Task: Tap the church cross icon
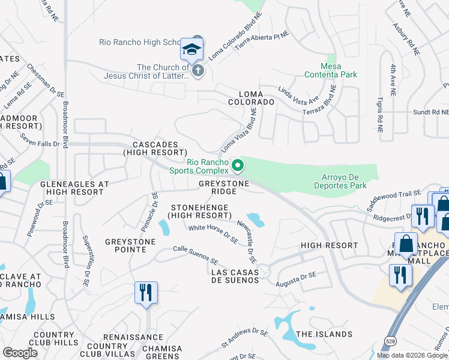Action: click(198, 71)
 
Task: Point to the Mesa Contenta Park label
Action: click(331, 70)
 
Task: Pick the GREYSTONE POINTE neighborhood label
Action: click(130, 246)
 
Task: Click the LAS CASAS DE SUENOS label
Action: click(235, 277)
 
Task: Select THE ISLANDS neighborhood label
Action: click(324, 334)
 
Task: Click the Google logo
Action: click(20, 352)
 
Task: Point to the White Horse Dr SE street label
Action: click(213, 233)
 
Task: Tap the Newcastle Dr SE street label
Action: click(246, 240)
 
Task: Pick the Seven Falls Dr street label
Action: click(40, 143)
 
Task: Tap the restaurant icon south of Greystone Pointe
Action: click(146, 293)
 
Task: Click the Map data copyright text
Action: click(412, 355)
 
